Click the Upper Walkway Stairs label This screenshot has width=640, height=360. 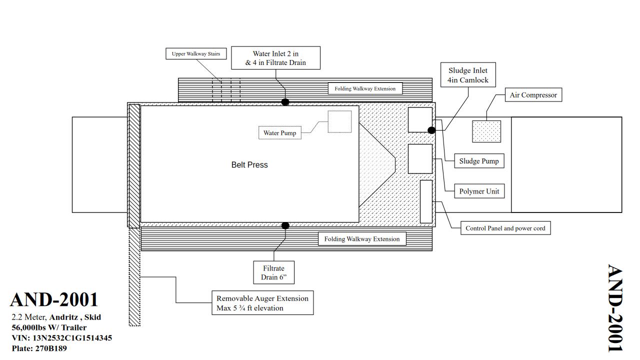pyautogui.click(x=196, y=54)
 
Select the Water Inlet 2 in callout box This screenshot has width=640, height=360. pyautogui.click(x=275, y=58)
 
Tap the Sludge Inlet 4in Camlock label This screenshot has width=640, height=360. pyautogui.click(x=468, y=75)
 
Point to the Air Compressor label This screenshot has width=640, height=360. pyautogui.click(x=533, y=95)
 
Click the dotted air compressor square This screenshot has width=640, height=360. pyautogui.click(x=486, y=131)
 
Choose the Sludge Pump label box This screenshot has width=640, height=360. pyautogui.click(x=479, y=161)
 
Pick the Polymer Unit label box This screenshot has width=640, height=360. pyautogui.click(x=479, y=191)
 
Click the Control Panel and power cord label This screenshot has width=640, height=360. pyautogui.click(x=505, y=228)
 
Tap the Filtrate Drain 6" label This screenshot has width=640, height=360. pyautogui.click(x=273, y=273)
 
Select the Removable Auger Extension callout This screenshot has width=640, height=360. pyautogui.click(x=262, y=303)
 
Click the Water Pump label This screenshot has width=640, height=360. pyautogui.click(x=280, y=133)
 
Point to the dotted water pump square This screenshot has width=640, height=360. pyautogui.click(x=339, y=121)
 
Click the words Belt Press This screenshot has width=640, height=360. pyautogui.click(x=249, y=165)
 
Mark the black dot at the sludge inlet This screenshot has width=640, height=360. pyautogui.click(x=431, y=130)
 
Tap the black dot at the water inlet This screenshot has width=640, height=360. pyautogui.click(x=285, y=102)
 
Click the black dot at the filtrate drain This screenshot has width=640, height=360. pyautogui.click(x=285, y=225)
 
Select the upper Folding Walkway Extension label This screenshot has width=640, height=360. pyautogui.click(x=365, y=89)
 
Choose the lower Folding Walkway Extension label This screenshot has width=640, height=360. pyautogui.click(x=362, y=239)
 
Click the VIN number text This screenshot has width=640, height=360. pyautogui.click(x=62, y=338)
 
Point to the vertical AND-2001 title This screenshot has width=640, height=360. pyautogui.click(x=615, y=308)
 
